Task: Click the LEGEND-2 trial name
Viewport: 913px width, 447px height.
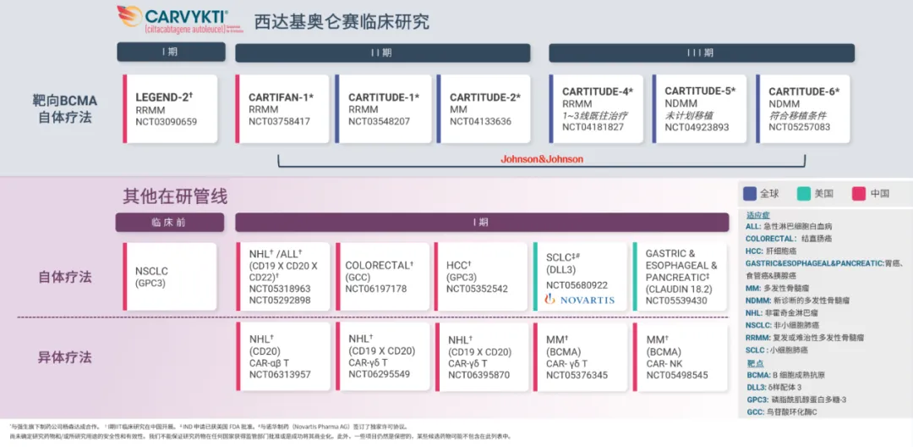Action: click(164, 97)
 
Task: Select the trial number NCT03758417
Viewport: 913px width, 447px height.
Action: click(279, 122)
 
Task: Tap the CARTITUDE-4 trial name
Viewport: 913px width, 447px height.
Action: click(597, 91)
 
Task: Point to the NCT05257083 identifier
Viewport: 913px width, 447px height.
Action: click(799, 128)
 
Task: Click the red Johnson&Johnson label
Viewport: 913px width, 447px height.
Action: click(542, 159)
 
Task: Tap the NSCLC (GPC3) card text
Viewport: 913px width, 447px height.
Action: click(151, 277)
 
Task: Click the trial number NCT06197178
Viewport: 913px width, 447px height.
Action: click(375, 289)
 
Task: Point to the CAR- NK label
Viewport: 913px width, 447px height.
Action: click(665, 363)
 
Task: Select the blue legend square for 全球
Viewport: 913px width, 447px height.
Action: click(748, 193)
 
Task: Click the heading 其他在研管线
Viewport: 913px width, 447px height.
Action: click(175, 196)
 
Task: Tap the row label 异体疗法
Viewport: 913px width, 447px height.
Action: click(64, 356)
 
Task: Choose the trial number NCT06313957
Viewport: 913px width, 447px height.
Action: click(279, 375)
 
